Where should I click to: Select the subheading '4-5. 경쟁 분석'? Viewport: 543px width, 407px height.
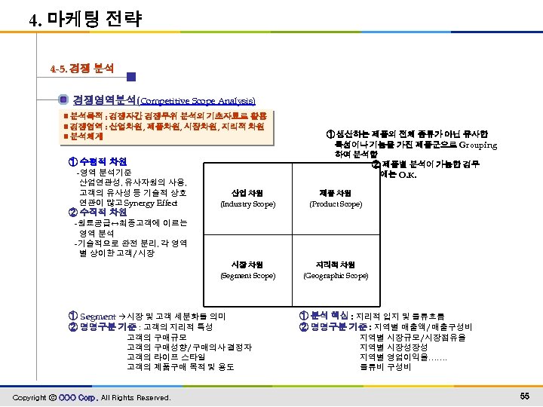pos(82,68)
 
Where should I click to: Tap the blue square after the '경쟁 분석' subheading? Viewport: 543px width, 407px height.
pos(131,76)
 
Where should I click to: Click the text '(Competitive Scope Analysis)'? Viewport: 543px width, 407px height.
pos(197,100)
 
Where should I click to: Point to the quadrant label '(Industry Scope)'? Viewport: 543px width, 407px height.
pos(247,203)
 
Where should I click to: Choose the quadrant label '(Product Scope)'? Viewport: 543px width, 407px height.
pos(336,203)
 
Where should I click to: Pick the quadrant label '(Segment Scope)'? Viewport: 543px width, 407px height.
pos(247,276)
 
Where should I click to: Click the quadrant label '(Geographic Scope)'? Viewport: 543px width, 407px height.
pos(336,276)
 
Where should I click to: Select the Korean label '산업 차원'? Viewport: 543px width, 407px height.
pos(247,191)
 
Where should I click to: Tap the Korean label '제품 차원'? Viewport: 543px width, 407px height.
pos(336,191)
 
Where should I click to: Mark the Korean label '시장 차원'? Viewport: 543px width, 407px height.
pos(247,265)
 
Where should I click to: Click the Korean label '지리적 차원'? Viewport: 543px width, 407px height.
pos(336,265)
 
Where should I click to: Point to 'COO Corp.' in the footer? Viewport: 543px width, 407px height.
pos(78,397)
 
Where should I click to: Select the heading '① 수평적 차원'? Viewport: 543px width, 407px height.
pos(97,161)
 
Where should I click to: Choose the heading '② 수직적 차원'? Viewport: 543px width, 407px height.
pos(97,213)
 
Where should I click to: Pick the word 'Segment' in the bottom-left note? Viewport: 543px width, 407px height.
pos(97,316)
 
